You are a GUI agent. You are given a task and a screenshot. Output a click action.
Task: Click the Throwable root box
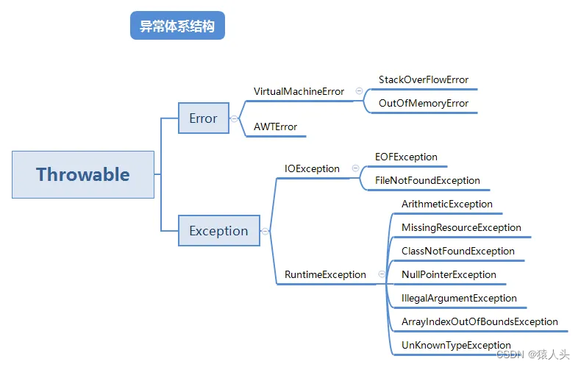(x=83, y=174)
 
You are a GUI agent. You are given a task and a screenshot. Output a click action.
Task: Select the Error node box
(x=203, y=118)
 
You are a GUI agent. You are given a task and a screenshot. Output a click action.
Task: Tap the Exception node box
(x=218, y=230)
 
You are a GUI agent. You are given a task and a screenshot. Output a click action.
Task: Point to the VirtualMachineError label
(x=299, y=91)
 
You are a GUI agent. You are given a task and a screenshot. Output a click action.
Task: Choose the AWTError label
(x=275, y=127)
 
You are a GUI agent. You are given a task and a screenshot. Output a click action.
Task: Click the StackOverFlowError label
(x=424, y=79)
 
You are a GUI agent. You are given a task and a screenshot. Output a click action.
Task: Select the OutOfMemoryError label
(x=424, y=103)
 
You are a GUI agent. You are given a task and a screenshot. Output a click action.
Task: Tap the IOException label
(x=312, y=168)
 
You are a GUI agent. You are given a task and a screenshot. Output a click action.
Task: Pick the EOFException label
(x=406, y=157)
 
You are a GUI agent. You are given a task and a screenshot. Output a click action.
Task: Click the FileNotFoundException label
(x=427, y=180)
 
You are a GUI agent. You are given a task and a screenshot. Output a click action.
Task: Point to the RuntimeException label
(x=325, y=274)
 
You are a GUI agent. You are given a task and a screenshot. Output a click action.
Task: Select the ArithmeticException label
(x=447, y=204)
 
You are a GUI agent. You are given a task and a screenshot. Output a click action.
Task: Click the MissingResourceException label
(x=461, y=227)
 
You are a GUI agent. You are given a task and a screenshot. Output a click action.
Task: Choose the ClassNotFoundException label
(x=458, y=251)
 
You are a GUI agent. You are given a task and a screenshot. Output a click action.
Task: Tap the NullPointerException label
(x=449, y=274)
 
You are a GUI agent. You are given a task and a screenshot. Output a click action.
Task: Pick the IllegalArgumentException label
(x=459, y=298)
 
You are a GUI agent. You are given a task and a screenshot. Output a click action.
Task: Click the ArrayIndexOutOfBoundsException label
(x=480, y=321)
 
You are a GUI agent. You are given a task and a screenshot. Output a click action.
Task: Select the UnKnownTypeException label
(x=456, y=345)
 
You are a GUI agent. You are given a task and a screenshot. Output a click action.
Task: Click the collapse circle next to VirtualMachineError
(x=359, y=91)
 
